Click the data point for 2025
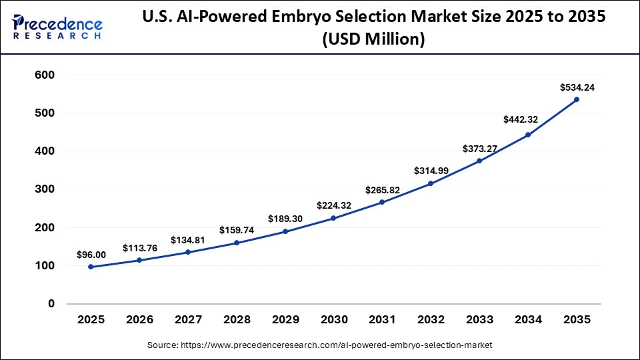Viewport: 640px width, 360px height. point(91,267)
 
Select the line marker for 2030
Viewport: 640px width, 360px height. point(333,218)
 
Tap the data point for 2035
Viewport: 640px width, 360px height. point(577,99)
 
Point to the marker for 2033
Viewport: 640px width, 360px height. point(479,161)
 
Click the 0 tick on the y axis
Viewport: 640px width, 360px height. point(50,304)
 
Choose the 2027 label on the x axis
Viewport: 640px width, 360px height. point(188,320)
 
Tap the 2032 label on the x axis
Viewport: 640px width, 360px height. point(431,320)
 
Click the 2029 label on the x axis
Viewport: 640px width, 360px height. point(285,320)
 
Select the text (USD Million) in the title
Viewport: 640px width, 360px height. point(373,40)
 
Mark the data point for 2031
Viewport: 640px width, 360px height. point(382,202)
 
